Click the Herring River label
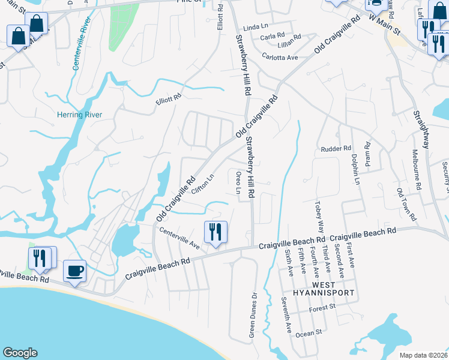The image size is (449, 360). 79,115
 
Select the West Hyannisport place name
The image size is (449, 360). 317,287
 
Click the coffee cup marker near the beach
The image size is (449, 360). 74,271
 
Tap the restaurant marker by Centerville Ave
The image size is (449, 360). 215,231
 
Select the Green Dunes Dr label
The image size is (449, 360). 253,314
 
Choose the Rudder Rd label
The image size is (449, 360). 335,148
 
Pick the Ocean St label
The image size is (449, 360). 311,331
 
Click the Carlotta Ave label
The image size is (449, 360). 280,57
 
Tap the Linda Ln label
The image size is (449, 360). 255,28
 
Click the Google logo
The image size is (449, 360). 20,353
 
